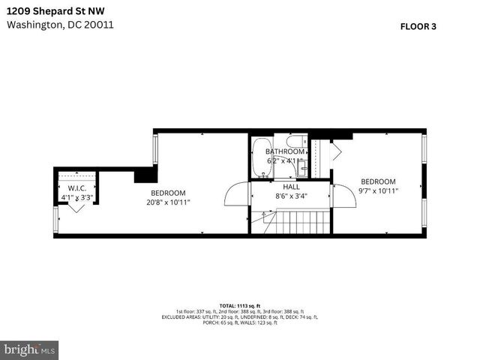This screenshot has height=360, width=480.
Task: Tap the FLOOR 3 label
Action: coord(418,26)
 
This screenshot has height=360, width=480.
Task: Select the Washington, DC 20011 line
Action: coord(60,24)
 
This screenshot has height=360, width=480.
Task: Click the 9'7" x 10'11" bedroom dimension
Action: coord(378,191)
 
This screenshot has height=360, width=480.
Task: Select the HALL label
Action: coord(292,187)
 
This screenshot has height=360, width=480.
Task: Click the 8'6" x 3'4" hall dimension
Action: coord(292,196)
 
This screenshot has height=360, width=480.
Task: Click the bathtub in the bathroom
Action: coord(261,157)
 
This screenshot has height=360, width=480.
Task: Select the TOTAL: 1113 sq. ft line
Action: coord(240,306)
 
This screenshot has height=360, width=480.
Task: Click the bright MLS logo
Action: coord(30,349)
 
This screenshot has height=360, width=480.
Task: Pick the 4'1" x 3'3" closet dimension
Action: coord(77,198)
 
